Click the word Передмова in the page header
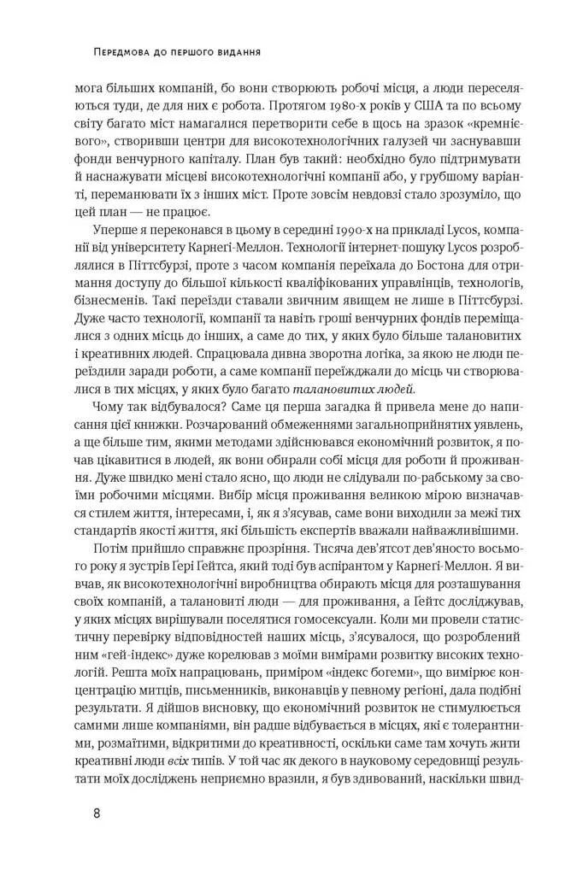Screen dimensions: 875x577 tap(120, 53)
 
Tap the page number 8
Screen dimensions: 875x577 tap(98, 813)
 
